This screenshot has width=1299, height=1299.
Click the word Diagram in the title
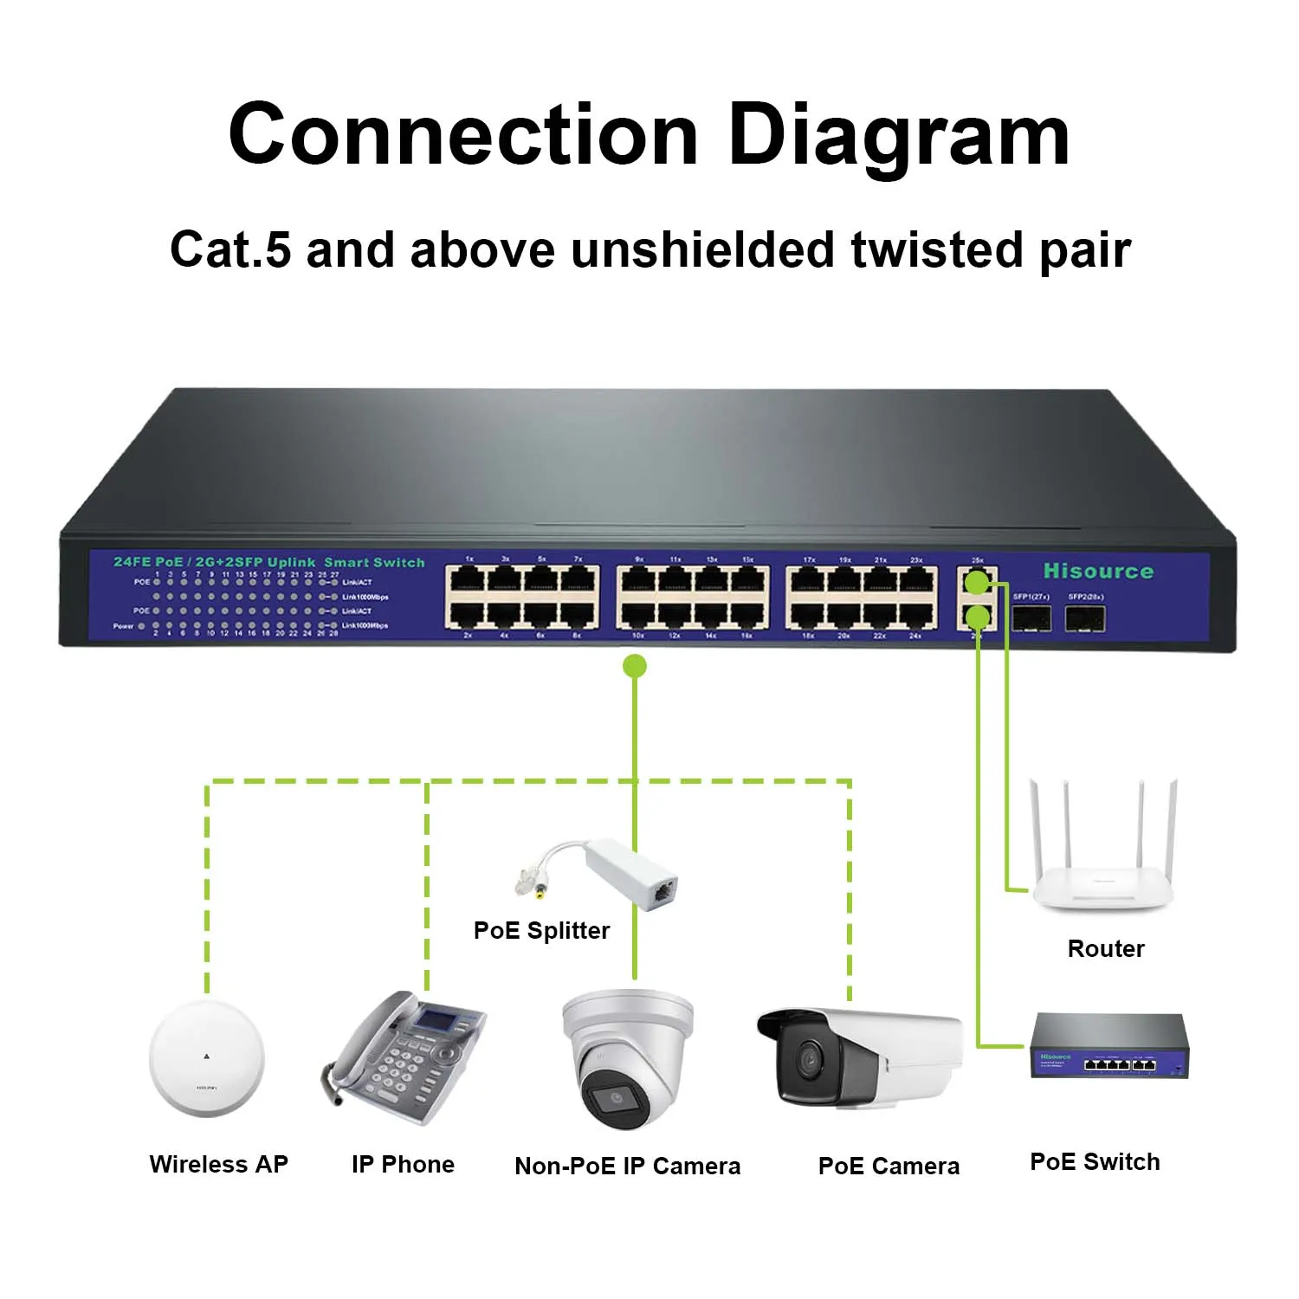tap(898, 136)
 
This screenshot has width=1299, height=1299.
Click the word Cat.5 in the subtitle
tap(229, 250)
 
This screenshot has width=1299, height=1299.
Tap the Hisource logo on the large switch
tap(1098, 572)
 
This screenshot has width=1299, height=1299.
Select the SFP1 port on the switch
tap(1031, 618)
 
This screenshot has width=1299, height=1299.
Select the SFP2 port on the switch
tap(1085, 618)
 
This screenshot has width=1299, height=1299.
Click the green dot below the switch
tap(635, 666)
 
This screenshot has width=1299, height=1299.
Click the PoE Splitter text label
tap(541, 931)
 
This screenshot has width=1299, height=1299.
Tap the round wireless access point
tap(206, 1058)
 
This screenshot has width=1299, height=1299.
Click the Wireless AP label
tap(218, 1165)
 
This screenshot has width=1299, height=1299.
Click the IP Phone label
tap(403, 1165)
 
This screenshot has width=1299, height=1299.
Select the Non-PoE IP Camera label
tap(627, 1167)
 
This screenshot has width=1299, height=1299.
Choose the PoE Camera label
tap(889, 1167)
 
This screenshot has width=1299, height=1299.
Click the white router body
tap(1102, 887)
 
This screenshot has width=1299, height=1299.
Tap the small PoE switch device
tap(1108, 1048)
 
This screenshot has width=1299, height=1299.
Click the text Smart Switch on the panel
tap(374, 563)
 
